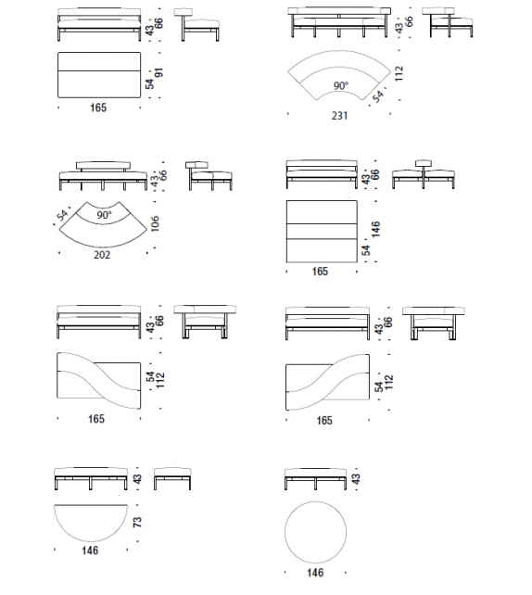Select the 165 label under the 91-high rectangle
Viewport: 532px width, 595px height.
(98, 108)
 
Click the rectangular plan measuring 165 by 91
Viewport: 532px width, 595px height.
(98, 73)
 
